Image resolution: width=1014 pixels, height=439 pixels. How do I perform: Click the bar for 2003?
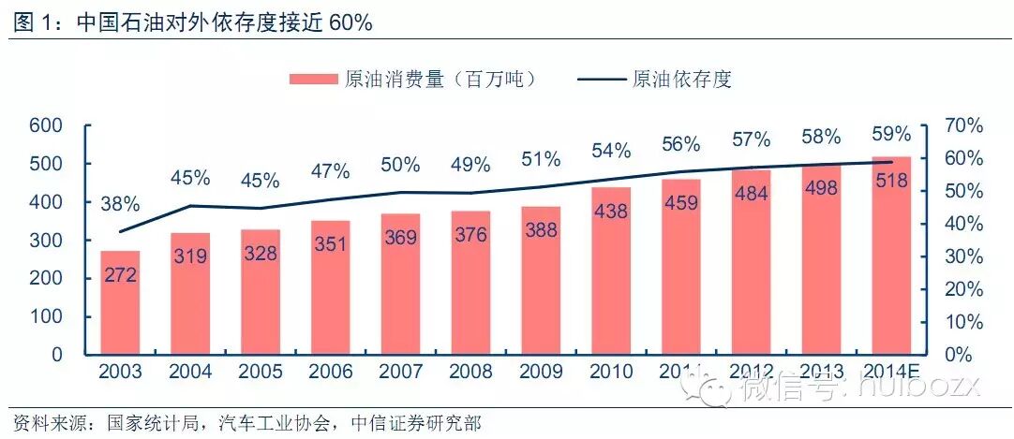tap(120, 303)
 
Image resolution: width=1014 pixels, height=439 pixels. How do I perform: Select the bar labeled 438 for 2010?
tap(611, 271)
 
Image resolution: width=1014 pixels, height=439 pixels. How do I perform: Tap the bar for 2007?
tap(400, 285)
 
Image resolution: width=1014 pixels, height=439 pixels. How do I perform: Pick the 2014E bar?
tap(891, 256)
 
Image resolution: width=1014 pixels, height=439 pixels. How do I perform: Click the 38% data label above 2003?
tap(120, 204)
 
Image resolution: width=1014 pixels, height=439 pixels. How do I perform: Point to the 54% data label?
tap(611, 150)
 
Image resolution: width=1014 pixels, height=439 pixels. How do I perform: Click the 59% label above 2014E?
tap(891, 134)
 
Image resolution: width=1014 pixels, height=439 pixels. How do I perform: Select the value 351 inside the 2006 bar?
tap(330, 244)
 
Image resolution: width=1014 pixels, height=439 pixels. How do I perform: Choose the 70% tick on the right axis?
tap(962, 126)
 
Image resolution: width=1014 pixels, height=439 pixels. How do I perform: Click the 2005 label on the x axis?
tap(261, 372)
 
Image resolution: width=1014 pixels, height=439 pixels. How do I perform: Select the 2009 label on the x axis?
tap(541, 372)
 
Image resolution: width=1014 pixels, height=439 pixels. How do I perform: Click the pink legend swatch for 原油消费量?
tap(311, 79)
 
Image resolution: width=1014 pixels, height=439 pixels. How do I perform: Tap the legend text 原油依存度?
tap(681, 79)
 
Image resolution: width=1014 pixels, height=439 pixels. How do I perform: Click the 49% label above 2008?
tap(470, 166)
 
